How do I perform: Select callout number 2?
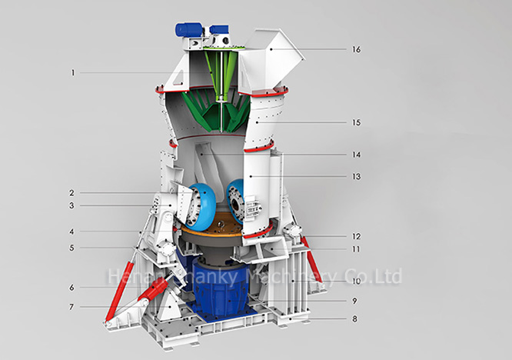pyautogui.click(x=71, y=192)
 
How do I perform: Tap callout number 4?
pyautogui.click(x=71, y=231)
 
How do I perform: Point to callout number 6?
pyautogui.click(x=71, y=288)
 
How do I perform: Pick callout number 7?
pyautogui.click(x=71, y=308)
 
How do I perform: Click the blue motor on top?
pyautogui.click(x=188, y=29)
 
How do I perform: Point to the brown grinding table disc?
pyautogui.click(x=220, y=227)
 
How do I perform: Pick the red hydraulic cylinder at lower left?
pyautogui.click(x=135, y=299)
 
